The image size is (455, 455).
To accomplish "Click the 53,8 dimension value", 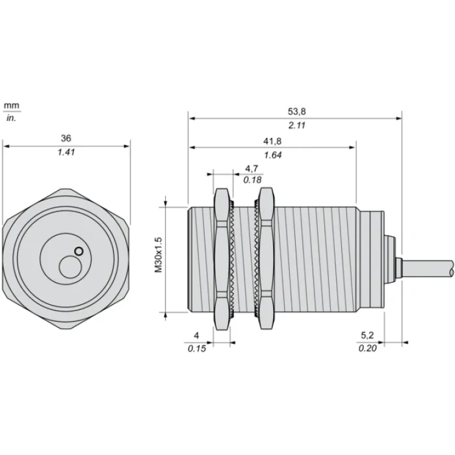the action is click(296, 111).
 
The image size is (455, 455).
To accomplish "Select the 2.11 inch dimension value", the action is click(296, 125).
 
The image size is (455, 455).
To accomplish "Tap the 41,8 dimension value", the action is click(272, 141).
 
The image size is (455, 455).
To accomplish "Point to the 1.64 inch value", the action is click(272, 155).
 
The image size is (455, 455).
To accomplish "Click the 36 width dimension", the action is click(66, 138).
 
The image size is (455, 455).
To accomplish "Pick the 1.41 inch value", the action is click(66, 152).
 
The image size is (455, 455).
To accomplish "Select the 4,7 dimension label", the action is click(252, 168).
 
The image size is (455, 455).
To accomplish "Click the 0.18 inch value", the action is click(252, 180).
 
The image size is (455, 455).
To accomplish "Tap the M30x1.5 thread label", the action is click(159, 255).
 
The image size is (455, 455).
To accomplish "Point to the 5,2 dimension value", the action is click(367, 335).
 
